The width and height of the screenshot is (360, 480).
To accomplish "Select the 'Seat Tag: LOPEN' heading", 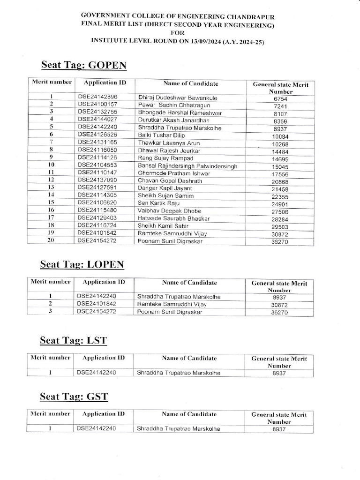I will [x=82, y=264].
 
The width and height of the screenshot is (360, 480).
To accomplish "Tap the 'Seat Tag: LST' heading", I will [x=74, y=340].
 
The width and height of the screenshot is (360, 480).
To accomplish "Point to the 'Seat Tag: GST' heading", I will [x=74, y=397].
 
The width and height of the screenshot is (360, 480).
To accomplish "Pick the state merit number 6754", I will [x=280, y=99].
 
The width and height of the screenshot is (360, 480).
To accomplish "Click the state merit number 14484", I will [x=280, y=151].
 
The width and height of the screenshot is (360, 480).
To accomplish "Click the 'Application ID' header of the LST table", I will [x=104, y=358].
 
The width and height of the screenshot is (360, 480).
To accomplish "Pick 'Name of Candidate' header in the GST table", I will [x=189, y=414].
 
